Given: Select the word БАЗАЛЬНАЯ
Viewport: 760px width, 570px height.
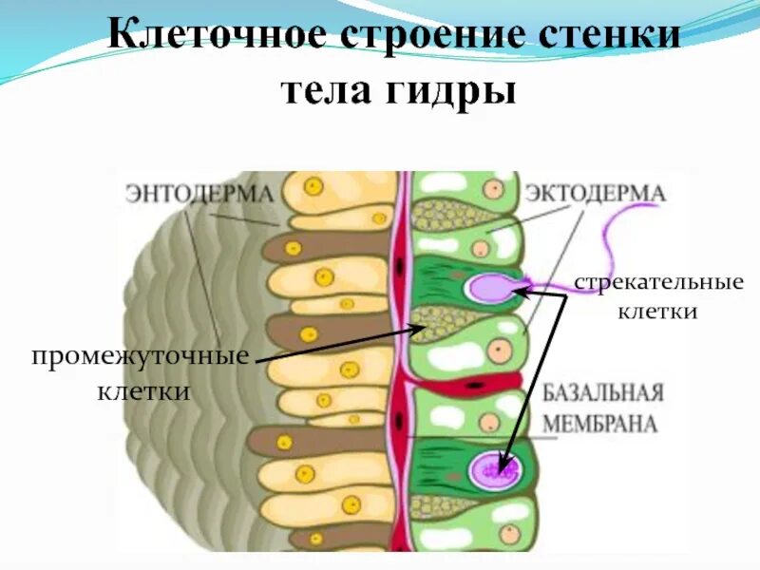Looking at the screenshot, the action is click(x=602, y=394).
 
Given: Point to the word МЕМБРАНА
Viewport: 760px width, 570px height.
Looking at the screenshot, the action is click(x=600, y=424).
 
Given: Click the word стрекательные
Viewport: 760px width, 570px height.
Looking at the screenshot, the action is click(x=657, y=283).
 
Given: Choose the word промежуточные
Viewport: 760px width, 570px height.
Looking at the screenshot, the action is click(x=140, y=357).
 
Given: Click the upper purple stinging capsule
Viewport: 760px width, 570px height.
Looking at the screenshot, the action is click(x=490, y=285).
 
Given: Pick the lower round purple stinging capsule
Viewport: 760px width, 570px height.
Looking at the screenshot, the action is click(x=492, y=467).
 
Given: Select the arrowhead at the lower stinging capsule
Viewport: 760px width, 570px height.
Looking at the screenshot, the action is click(x=504, y=460).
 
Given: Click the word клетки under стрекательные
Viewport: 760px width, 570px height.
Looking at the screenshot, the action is click(x=657, y=312).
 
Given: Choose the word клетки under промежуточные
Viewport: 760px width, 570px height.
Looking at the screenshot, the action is click(x=140, y=390).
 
